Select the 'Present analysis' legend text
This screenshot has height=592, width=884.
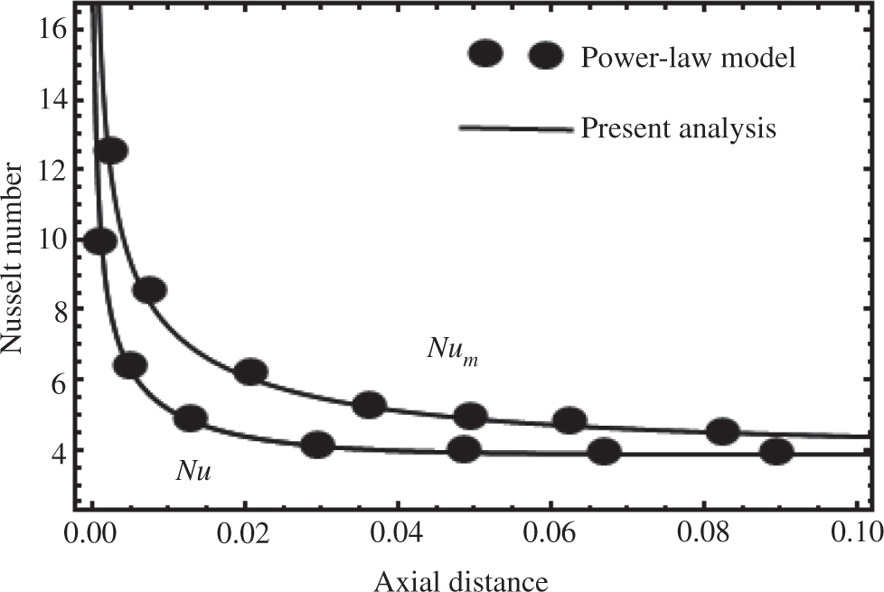[678, 128]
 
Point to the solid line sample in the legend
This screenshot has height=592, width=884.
[516, 129]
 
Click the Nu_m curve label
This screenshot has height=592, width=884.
[451, 351]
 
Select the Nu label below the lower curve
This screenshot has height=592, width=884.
[193, 471]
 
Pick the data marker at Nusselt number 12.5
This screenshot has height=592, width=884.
[110, 151]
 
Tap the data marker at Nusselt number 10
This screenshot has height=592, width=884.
[99, 241]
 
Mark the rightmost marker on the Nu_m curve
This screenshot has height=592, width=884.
[722, 431]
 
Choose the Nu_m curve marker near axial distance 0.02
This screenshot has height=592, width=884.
[250, 371]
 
